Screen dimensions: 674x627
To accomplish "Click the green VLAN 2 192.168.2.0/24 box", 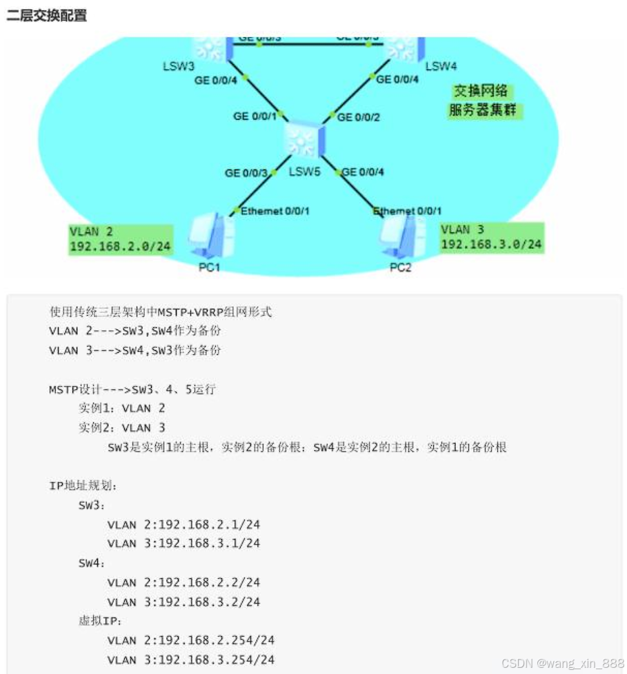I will coord(119,238).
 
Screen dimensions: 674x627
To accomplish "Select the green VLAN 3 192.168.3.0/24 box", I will coord(491,237).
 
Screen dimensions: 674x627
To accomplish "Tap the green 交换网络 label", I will coord(481,91).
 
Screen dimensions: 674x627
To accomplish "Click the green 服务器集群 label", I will coord(483,110).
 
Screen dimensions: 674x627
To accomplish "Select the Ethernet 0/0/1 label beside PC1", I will coord(275,211).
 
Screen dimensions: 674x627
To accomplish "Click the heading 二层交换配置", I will coord(47,15).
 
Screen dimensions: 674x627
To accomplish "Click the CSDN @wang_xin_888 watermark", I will coord(562,663).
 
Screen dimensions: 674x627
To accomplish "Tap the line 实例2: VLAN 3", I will coord(122,427).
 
